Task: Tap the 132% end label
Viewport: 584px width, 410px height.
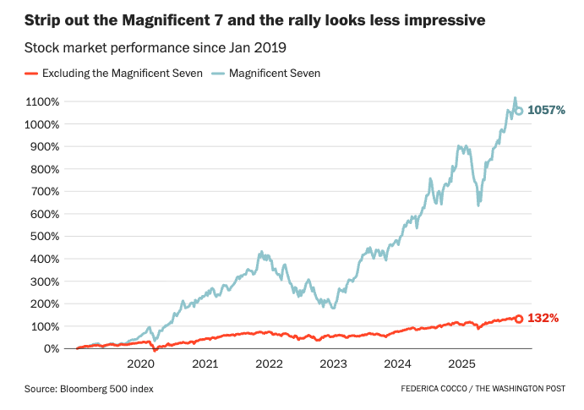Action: [543, 319]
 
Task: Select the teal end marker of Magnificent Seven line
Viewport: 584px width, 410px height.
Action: [519, 111]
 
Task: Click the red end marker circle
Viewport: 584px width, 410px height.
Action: [519, 319]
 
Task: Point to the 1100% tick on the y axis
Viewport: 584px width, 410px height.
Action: [41, 101]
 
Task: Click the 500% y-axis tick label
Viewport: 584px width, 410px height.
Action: [44, 236]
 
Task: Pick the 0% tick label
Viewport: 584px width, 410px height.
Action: [50, 348]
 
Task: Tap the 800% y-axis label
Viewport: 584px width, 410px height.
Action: [44, 169]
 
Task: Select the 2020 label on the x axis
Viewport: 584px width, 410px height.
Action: [140, 364]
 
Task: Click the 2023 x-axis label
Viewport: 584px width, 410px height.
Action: [333, 364]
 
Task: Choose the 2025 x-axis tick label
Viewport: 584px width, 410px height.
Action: [461, 364]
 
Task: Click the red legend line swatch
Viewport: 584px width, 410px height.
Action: [32, 74]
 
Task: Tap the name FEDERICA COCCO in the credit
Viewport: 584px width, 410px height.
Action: [434, 388]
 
